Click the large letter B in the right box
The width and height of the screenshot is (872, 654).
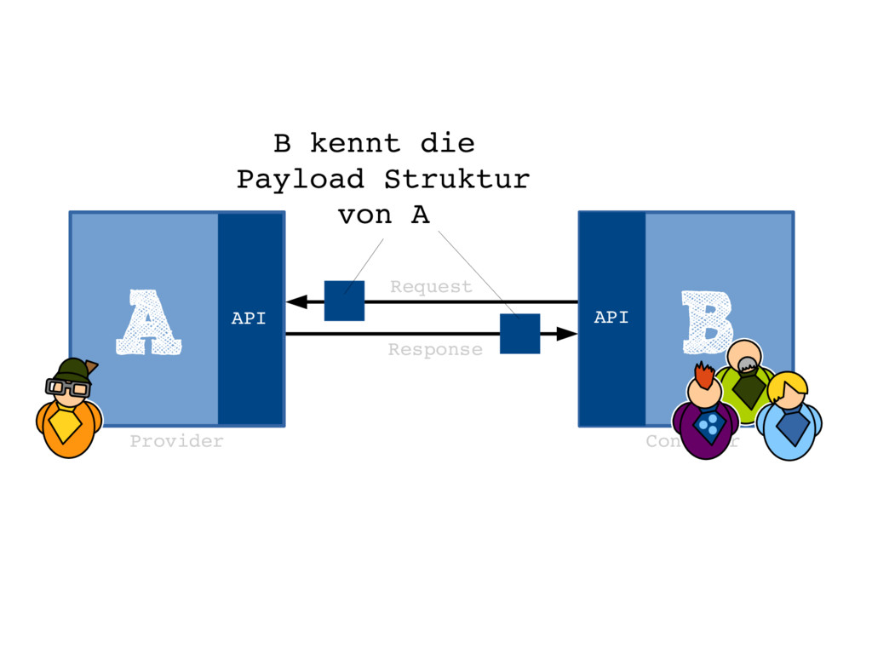(x=707, y=322)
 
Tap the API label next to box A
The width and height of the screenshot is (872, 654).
(x=249, y=319)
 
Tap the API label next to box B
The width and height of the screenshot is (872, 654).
(x=611, y=318)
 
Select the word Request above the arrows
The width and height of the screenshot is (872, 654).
(x=431, y=287)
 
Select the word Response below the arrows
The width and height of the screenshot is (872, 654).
(x=435, y=349)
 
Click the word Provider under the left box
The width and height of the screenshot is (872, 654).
(x=176, y=441)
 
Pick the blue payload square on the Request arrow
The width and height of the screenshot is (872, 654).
(x=344, y=301)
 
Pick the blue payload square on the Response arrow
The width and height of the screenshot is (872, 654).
(x=519, y=333)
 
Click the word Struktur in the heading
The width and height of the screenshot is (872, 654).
(x=456, y=180)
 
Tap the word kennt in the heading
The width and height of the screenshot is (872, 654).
(x=355, y=142)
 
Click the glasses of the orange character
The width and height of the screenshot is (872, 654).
(x=67, y=387)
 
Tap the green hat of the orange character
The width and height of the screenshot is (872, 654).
(x=72, y=370)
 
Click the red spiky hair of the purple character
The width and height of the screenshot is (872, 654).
(x=703, y=375)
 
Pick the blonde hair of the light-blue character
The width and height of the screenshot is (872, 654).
(x=789, y=384)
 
